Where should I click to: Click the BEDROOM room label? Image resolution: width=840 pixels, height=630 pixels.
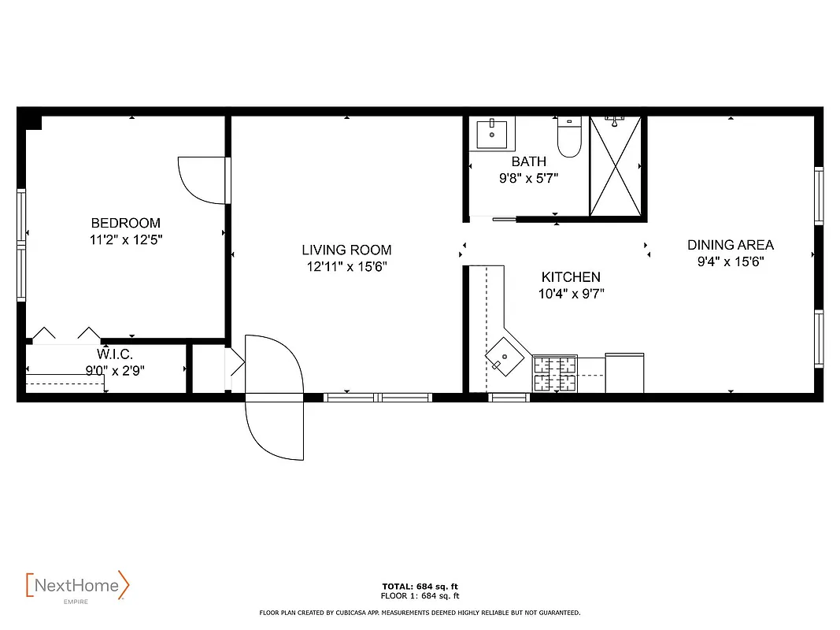pyautogui.click(x=125, y=223)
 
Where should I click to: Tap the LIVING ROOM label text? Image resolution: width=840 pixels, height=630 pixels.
pyautogui.click(x=346, y=250)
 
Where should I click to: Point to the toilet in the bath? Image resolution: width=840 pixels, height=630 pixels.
pyautogui.click(x=568, y=137)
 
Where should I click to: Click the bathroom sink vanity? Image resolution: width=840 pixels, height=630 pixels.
pyautogui.click(x=493, y=134)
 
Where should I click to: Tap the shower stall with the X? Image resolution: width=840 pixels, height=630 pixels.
pyautogui.click(x=616, y=165)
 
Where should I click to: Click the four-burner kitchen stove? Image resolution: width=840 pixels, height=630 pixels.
pyautogui.click(x=555, y=373)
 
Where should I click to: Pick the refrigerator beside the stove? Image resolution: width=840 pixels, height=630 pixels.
pyautogui.click(x=624, y=372)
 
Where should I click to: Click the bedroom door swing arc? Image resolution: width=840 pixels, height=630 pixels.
pyautogui.click(x=200, y=180)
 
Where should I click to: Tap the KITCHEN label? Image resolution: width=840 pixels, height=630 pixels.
pyautogui.click(x=571, y=277)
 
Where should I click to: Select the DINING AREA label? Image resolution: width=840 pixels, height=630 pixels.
pyautogui.click(x=731, y=245)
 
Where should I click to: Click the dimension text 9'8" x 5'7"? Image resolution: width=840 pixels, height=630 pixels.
pyautogui.click(x=528, y=178)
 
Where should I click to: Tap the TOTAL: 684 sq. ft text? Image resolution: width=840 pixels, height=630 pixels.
pyautogui.click(x=420, y=587)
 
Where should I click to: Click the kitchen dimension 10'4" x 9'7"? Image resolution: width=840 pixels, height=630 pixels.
pyautogui.click(x=571, y=294)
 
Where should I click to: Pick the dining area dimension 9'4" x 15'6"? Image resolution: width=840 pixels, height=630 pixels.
pyautogui.click(x=731, y=261)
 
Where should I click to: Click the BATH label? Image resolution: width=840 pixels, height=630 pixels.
pyautogui.click(x=528, y=161)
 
